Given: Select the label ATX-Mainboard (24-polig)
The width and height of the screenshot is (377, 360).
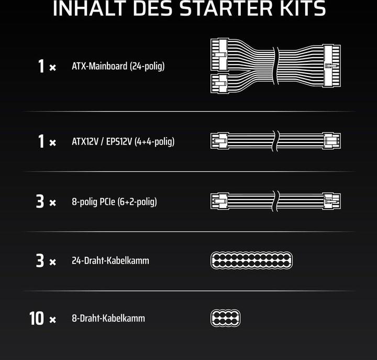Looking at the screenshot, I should click(118, 67).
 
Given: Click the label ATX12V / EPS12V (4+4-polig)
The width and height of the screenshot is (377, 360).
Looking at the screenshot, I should click(123, 141).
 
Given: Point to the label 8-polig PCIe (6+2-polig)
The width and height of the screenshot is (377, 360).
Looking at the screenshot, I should click(114, 201).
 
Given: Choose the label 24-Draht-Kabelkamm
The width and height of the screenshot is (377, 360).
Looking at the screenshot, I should click(110, 260).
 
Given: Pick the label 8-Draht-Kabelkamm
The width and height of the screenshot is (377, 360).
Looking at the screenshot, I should click(108, 318).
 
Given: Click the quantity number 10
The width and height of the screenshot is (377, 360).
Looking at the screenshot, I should click(37, 318).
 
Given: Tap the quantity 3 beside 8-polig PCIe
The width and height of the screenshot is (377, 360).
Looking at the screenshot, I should click(40, 201).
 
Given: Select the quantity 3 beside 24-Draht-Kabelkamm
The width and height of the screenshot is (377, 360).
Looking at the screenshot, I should click(40, 260).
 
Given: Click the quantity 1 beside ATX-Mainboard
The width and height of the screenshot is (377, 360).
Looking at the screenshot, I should click(41, 67).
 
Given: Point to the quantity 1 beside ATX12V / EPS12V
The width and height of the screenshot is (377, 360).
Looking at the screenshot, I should click(41, 141).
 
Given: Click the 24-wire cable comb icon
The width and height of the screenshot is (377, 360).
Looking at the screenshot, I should click(251, 260).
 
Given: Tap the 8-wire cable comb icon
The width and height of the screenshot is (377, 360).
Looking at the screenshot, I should click(225, 318).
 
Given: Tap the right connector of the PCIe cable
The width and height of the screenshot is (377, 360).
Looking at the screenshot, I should click(331, 201).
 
